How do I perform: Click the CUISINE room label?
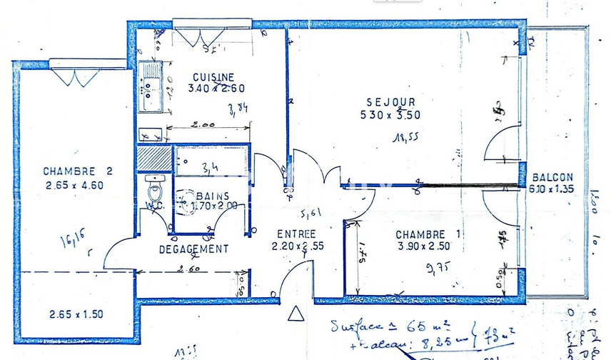pos(214,77)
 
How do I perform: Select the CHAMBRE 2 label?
pos(78,171)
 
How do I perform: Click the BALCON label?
pos(552,178)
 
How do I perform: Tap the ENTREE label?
pos(297,234)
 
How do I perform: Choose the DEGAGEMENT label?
pos(193,249)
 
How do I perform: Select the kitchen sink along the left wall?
pos(152,87)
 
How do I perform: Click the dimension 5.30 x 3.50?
pos(390,114)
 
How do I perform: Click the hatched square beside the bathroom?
pos(153,156)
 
